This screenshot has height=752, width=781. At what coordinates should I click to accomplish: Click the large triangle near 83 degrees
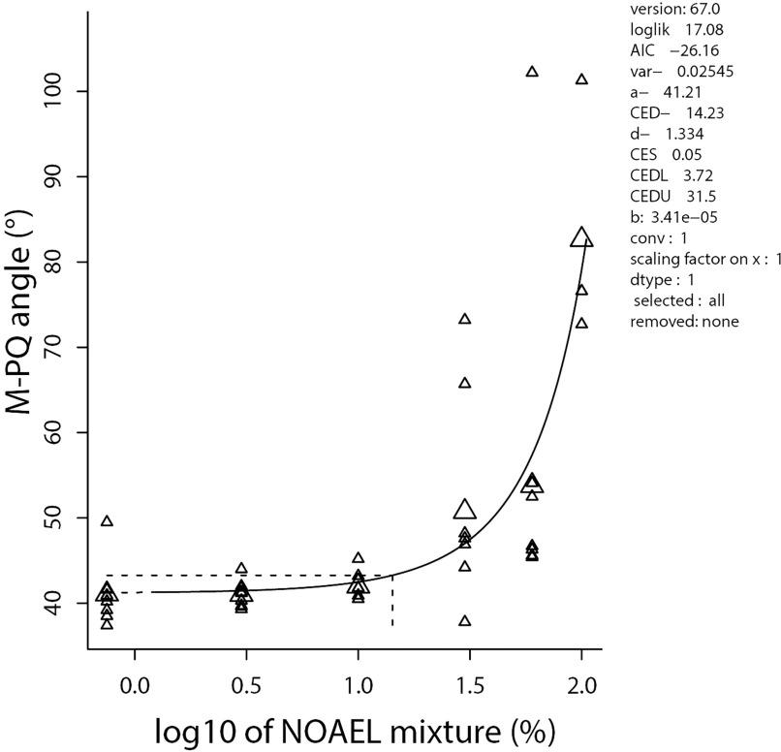point(580,237)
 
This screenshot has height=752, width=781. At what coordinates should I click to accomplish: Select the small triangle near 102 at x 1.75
point(532,72)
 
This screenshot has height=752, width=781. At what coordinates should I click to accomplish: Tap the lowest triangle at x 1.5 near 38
point(465,620)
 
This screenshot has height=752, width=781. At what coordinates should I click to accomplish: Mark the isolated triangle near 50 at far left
point(108,521)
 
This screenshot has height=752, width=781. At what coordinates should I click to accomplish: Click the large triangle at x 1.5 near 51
point(465,511)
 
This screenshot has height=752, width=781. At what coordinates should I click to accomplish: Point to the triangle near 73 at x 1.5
point(465,319)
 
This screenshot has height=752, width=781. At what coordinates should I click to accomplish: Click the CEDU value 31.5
point(697,197)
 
